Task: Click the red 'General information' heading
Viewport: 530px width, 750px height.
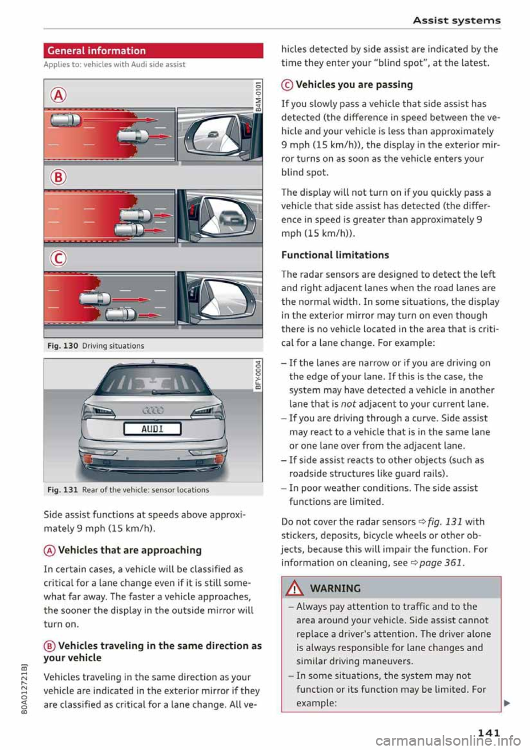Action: click(97, 51)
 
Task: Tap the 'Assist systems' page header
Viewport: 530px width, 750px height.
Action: click(457, 20)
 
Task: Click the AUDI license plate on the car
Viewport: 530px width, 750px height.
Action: click(152, 429)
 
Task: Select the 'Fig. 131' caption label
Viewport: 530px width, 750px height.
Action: click(61, 490)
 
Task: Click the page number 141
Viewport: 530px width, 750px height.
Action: click(488, 732)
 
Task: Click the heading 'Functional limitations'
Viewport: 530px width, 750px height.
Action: click(335, 255)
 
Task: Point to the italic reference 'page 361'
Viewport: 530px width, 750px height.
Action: click(441, 563)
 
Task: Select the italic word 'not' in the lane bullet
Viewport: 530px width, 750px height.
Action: click(348, 404)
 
